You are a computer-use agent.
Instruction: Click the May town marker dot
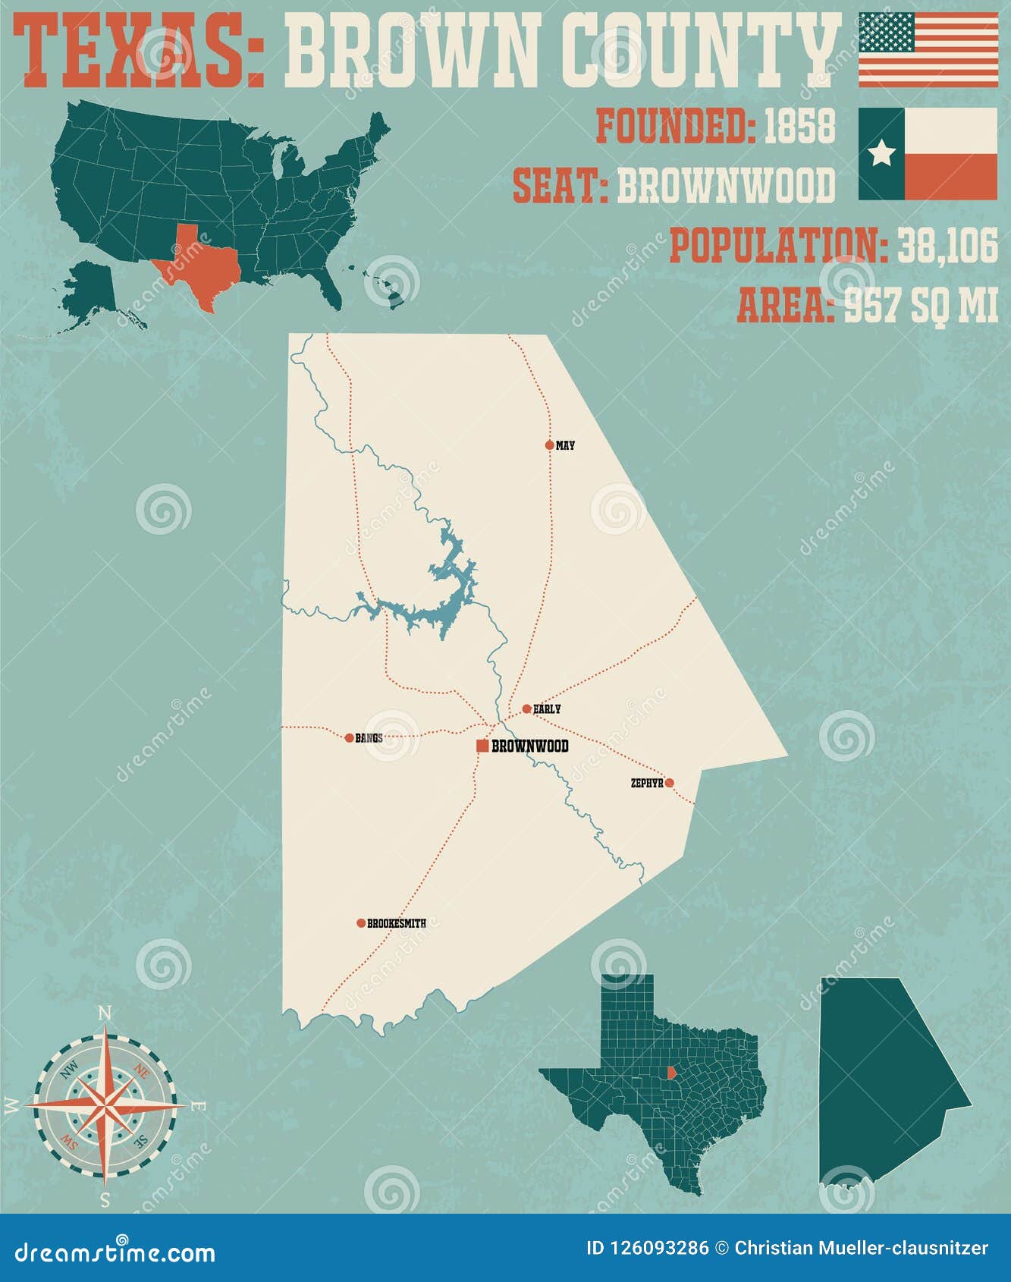pos(550,445)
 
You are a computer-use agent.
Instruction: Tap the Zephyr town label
pos(646,783)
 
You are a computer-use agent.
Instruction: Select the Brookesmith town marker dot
pos(361,923)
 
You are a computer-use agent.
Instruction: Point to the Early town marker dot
pos(526,709)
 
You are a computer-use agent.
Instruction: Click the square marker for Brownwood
pos(482,746)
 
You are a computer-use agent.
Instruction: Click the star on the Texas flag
pos(881,154)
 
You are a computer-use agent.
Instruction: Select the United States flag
pos(928,49)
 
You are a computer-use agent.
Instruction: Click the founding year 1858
pos(799,126)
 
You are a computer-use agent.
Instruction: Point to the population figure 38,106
pos(947,246)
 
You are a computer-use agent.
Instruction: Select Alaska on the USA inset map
pos(89,292)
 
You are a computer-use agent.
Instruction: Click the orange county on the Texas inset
pos(670,1073)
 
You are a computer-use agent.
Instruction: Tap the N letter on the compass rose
pos(106,1013)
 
